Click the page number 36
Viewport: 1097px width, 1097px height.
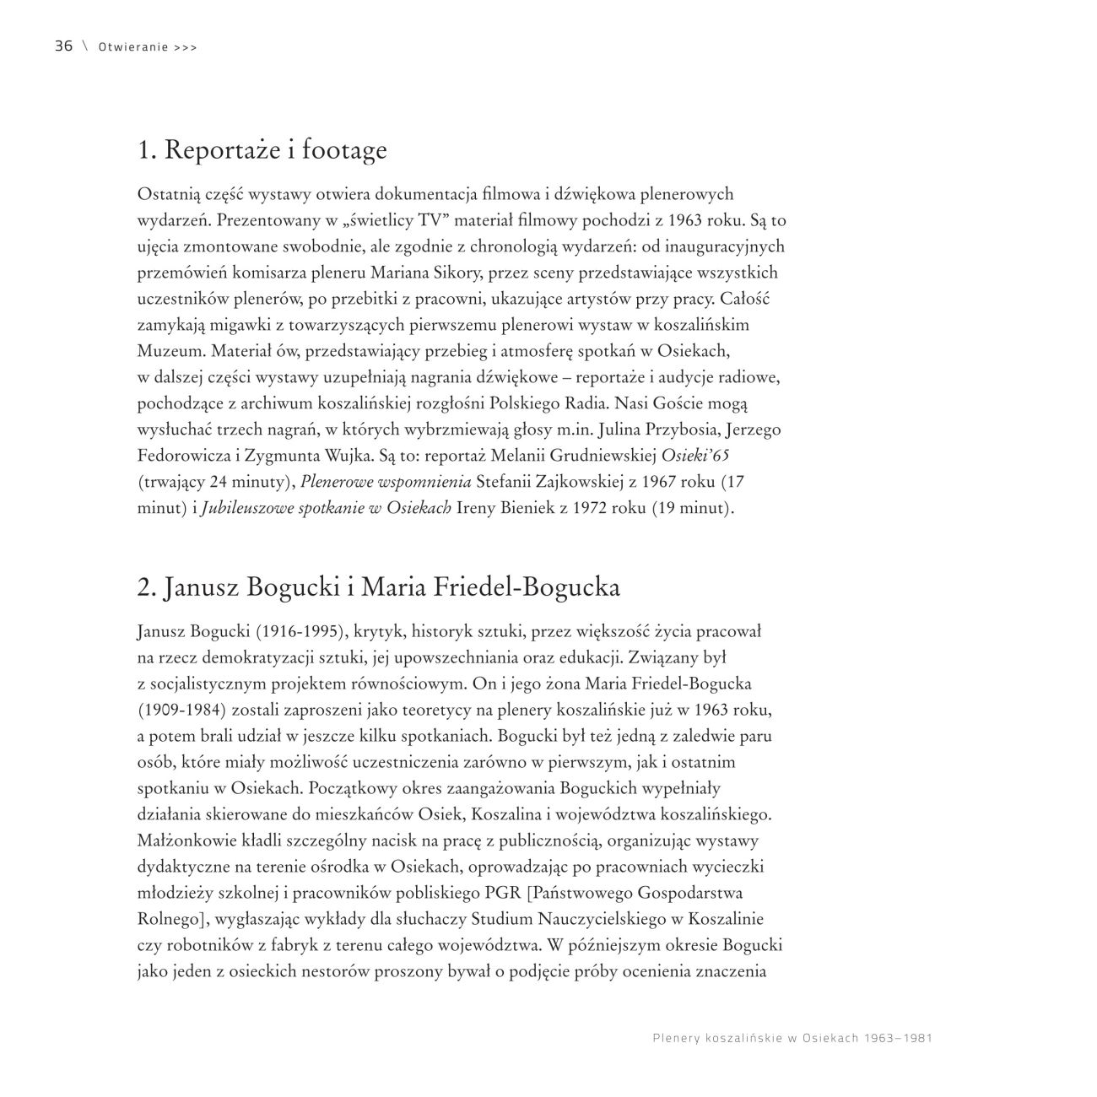coord(63,46)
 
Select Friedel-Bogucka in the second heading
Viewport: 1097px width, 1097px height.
coord(527,587)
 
